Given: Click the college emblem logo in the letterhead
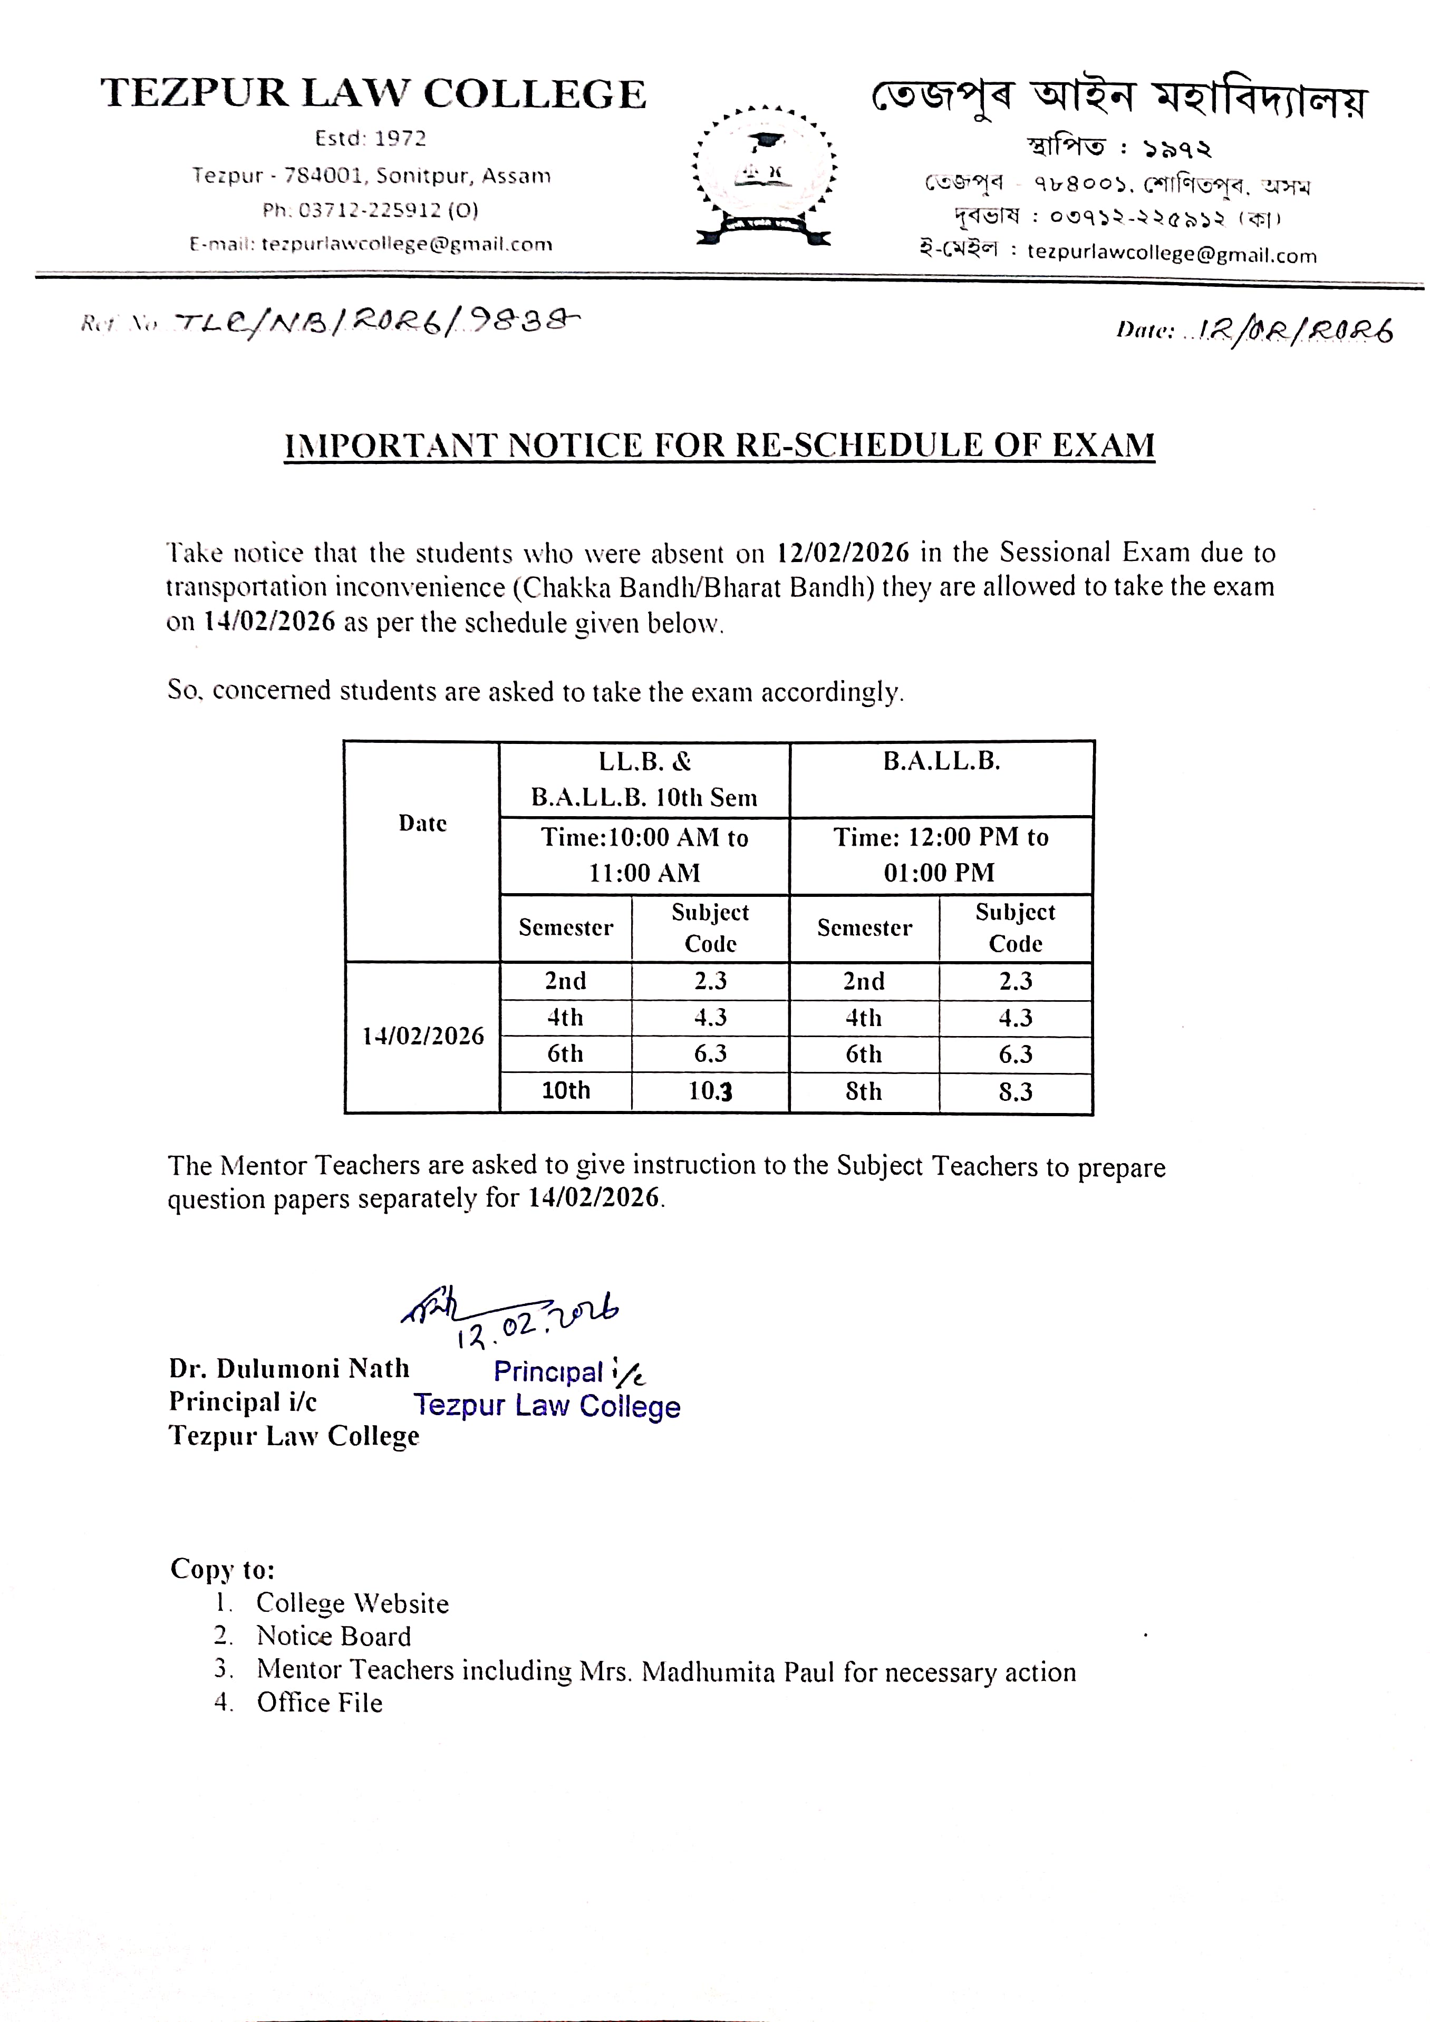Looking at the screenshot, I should [765, 176].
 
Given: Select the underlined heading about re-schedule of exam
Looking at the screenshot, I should [719, 446].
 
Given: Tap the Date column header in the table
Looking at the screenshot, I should [423, 824].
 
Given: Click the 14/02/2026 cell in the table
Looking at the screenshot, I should [423, 1037].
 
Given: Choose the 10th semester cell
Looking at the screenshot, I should [565, 1091].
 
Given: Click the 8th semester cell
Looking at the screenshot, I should [863, 1092].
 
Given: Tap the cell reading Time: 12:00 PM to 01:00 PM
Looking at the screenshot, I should [941, 855].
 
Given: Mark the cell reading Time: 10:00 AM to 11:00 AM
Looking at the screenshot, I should [644, 855].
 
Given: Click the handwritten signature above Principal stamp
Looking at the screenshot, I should [511, 1318].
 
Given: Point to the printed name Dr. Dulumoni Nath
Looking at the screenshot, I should [289, 1369].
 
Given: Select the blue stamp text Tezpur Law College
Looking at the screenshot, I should [547, 1406].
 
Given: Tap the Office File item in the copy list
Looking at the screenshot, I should [320, 1703].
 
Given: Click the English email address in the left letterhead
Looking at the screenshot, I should [407, 245].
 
